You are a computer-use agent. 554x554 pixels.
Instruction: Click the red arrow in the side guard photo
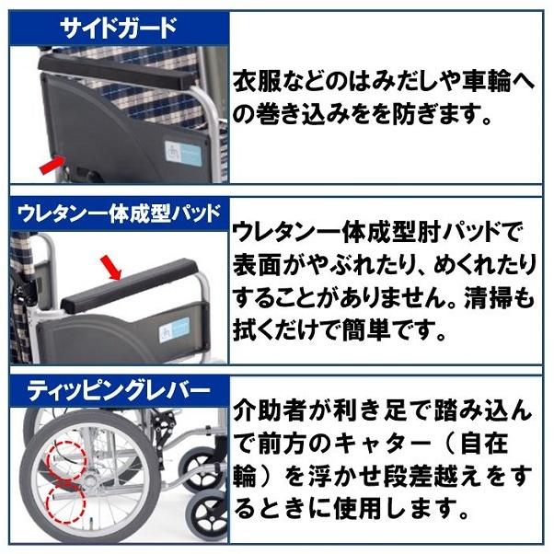pyautogui.click(x=53, y=166)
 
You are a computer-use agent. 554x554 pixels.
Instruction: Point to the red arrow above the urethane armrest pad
pyautogui.click(x=111, y=268)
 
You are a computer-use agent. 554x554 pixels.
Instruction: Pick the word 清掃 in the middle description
pyautogui.click(x=498, y=298)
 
